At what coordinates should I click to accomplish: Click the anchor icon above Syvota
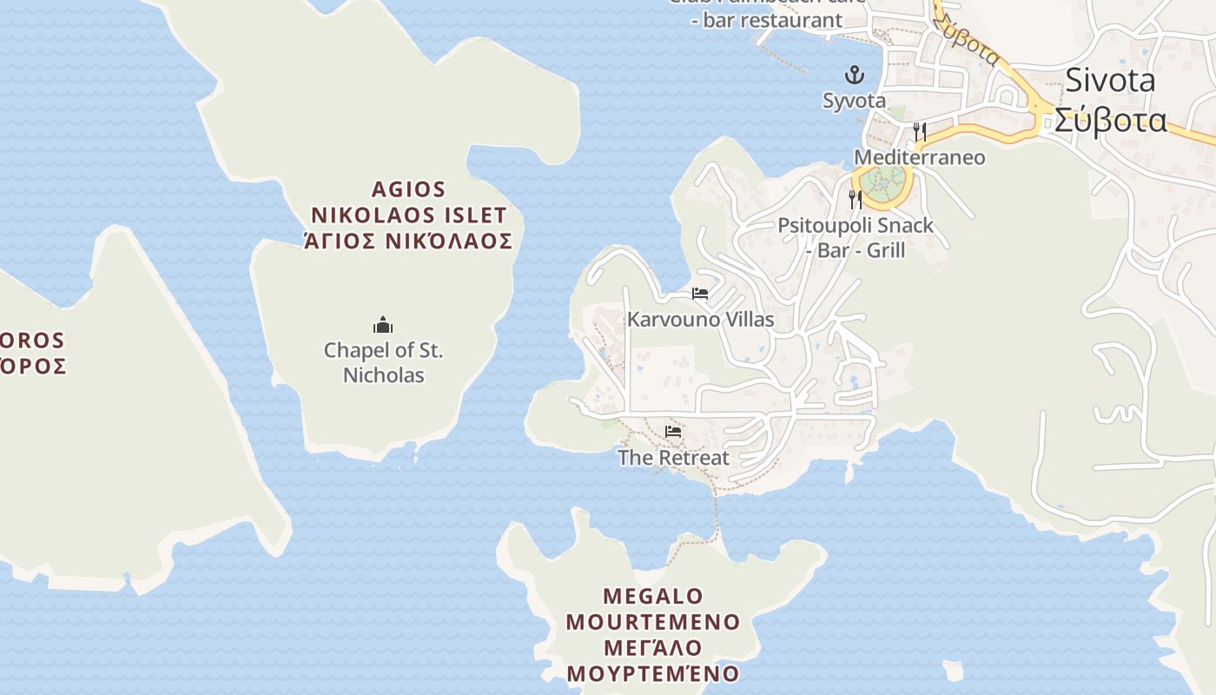[855, 75]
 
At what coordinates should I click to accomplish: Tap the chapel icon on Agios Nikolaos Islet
[383, 326]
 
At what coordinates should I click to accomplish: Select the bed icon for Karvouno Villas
[700, 294]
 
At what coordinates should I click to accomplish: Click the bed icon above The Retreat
[673, 431]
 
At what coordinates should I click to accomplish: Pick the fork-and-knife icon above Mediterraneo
[920, 132]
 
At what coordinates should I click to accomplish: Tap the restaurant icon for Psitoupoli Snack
[856, 200]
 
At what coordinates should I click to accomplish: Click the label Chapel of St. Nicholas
[383, 363]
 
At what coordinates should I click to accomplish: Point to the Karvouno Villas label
[700, 320]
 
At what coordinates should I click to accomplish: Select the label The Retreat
[673, 458]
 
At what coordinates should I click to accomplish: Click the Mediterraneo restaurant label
[920, 157]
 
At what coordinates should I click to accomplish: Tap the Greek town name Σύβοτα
[1111, 121]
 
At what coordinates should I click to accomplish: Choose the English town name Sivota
[1110, 81]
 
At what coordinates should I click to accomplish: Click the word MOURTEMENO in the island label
[653, 622]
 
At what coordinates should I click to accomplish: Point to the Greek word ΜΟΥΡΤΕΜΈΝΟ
[653, 673]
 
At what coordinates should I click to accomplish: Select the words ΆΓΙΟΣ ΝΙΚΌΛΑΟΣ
[408, 241]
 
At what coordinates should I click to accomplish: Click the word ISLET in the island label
[477, 215]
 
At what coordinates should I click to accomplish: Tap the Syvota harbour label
[855, 101]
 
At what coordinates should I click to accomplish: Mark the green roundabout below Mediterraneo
[882, 185]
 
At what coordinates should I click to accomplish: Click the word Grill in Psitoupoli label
[882, 250]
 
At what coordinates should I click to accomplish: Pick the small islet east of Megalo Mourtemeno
[953, 671]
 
